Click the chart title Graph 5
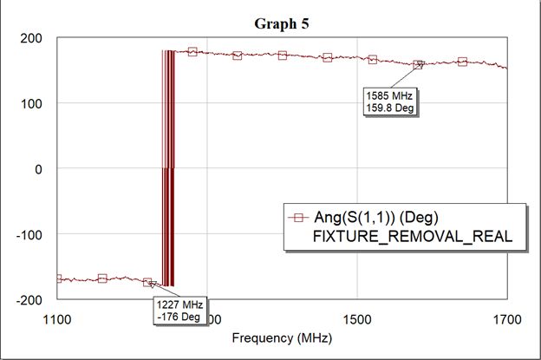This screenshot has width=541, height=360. coord(281,23)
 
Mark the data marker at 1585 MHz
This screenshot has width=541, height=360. coord(418,65)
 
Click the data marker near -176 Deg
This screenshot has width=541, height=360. coord(147,283)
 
